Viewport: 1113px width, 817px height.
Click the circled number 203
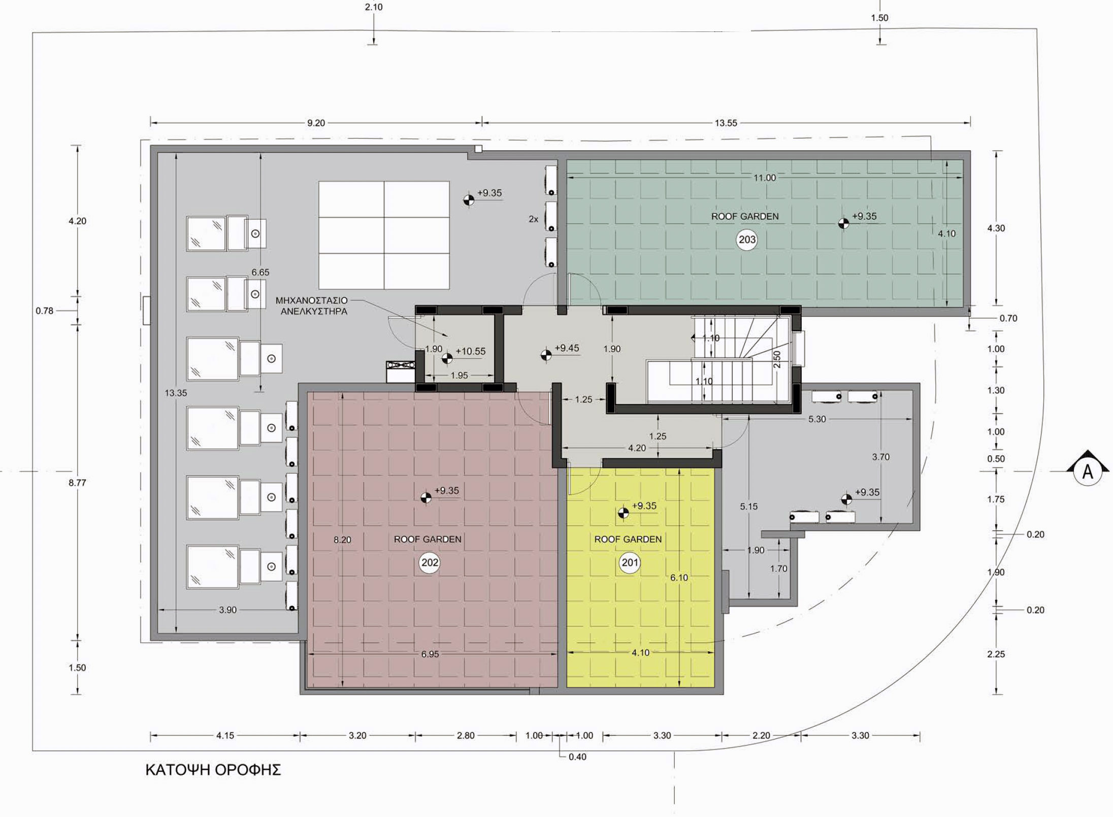pos(747,240)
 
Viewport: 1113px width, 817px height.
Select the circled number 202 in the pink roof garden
pos(430,563)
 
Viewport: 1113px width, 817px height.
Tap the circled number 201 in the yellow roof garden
pos(630,563)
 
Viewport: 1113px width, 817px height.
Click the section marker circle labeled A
pos(1088,472)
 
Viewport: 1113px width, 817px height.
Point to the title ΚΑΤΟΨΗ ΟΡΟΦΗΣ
pos(213,770)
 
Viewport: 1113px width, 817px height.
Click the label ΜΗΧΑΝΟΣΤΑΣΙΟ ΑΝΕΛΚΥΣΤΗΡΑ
pos(312,306)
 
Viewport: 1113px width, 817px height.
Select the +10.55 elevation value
pos(471,351)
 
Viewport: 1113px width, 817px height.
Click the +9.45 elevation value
pos(567,348)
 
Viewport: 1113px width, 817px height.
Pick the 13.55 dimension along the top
pos(726,123)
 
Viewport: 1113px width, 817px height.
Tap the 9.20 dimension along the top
pos(316,123)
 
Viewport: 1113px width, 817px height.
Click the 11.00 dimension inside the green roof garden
pos(765,178)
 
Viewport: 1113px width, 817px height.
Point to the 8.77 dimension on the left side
pos(78,483)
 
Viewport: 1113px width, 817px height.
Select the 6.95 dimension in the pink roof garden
pos(430,654)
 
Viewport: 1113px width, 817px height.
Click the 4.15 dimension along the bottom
pos(225,735)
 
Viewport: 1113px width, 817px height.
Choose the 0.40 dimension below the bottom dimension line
pos(577,757)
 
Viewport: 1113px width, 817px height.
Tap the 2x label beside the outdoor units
pos(533,219)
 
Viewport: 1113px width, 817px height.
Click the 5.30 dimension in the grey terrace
pos(817,419)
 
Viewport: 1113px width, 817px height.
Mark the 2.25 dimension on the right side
pos(996,654)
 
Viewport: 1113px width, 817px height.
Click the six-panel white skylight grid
pos(384,235)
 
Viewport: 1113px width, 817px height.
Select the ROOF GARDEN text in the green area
pos(745,216)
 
